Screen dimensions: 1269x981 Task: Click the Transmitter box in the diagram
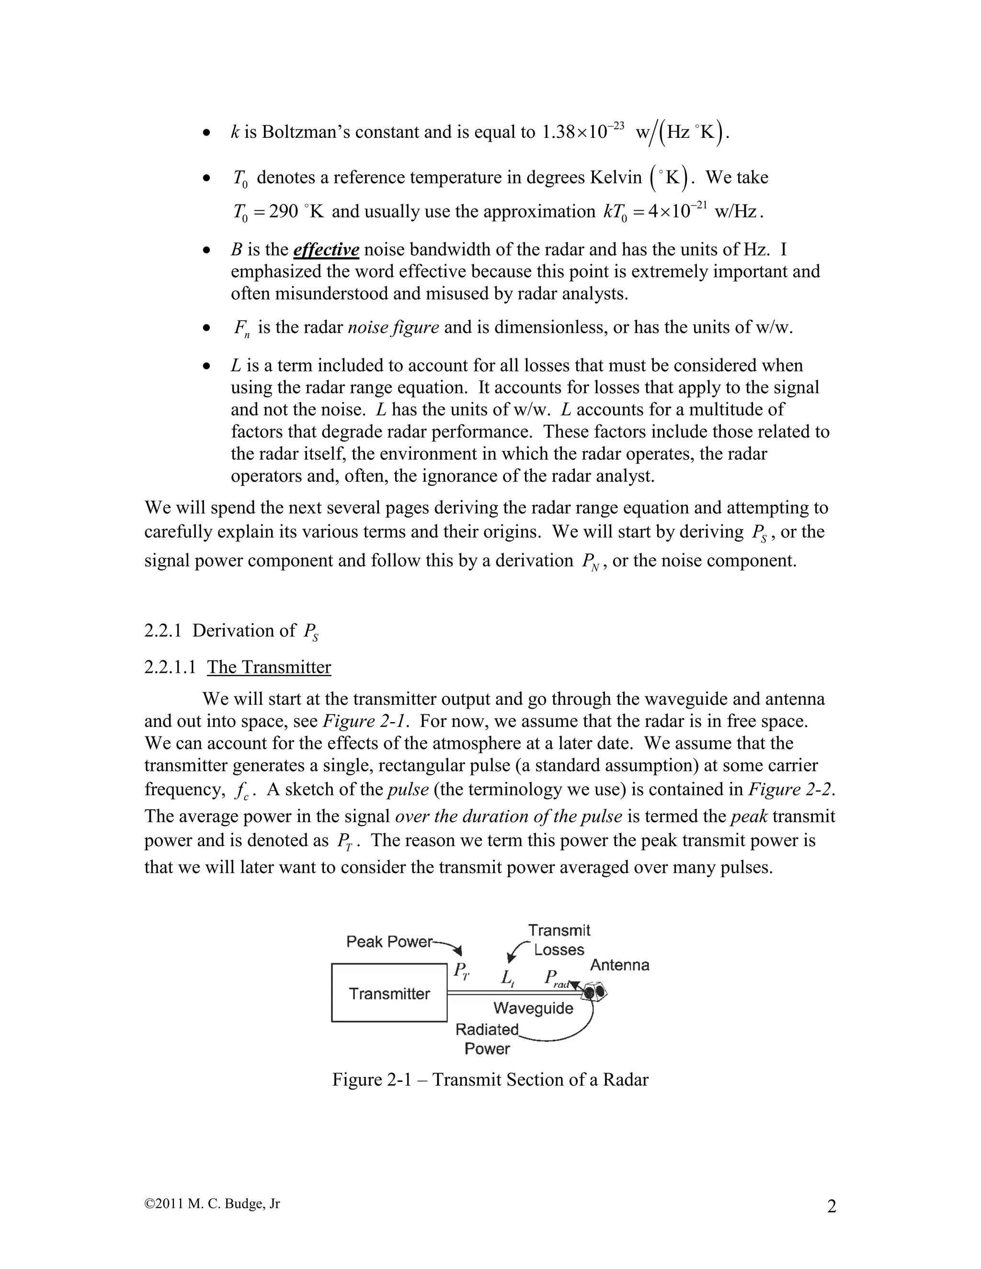pos(389,993)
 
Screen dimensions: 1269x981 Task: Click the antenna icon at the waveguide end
pos(594,991)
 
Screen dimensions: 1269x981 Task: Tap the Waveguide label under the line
pos(533,1008)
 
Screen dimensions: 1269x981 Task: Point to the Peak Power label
pos(389,941)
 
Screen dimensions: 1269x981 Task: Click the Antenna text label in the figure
pos(619,965)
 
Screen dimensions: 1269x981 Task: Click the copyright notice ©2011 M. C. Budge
pos(212,1204)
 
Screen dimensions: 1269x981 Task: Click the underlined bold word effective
pos(326,250)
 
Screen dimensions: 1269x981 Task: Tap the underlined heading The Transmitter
pos(269,667)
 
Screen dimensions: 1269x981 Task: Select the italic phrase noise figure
pos(393,328)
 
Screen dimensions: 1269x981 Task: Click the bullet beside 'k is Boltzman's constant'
pos(205,134)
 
